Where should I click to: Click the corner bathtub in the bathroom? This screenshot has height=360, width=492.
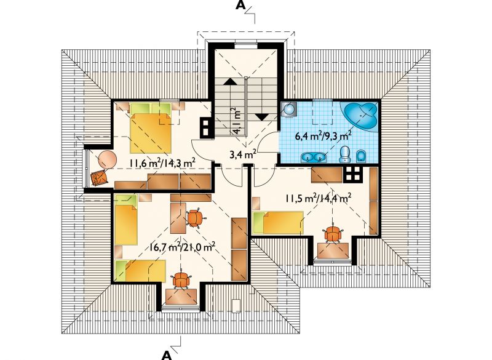(x=361, y=116)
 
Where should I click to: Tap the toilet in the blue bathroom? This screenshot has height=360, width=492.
(x=345, y=154)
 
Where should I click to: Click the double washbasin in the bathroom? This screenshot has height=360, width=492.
(x=313, y=157)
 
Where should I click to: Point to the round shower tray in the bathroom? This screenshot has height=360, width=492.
(x=288, y=109)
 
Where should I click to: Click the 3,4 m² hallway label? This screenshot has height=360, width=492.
(x=242, y=154)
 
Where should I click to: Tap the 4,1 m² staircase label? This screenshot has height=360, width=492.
(x=237, y=121)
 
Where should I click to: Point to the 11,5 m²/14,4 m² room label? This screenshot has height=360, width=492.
(x=318, y=198)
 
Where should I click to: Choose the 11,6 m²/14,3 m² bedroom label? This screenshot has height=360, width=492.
(x=162, y=162)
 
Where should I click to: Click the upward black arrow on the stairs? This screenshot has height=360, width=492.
(x=229, y=82)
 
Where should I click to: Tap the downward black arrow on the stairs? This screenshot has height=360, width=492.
(x=262, y=117)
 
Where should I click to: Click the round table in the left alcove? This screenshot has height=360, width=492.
(x=107, y=159)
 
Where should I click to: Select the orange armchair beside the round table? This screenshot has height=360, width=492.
(x=99, y=178)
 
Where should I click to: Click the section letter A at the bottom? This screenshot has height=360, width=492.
(x=167, y=355)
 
